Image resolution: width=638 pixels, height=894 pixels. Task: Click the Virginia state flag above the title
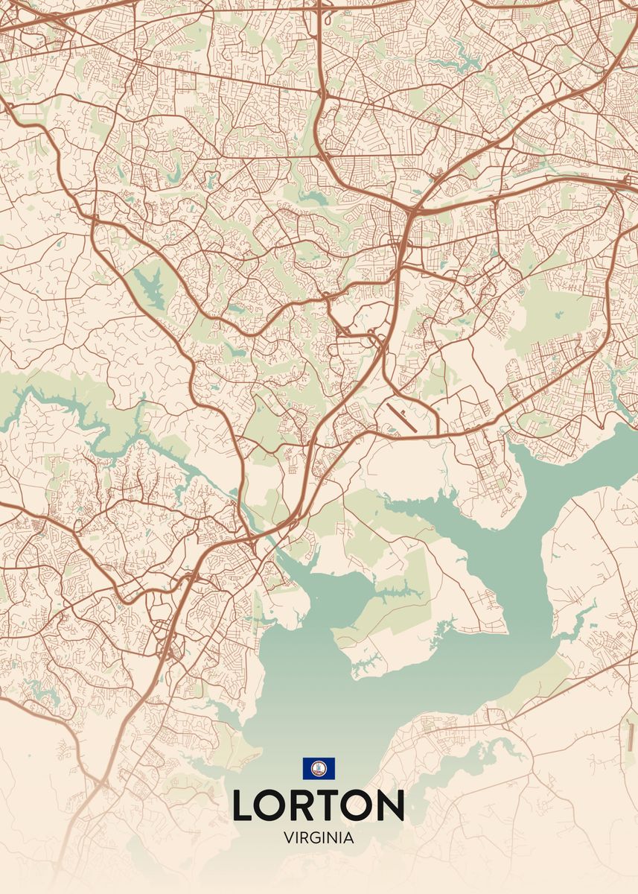tap(319, 768)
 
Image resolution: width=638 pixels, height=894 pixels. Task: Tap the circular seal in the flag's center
tap(319, 768)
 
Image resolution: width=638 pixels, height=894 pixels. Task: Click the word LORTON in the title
tap(319, 805)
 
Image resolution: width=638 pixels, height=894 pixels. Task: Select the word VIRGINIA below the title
tap(319, 837)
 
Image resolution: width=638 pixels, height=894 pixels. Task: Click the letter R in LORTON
tap(308, 805)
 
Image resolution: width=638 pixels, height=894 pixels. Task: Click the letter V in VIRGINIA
tap(288, 837)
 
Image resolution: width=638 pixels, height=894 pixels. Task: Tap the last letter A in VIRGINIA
tap(349, 837)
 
